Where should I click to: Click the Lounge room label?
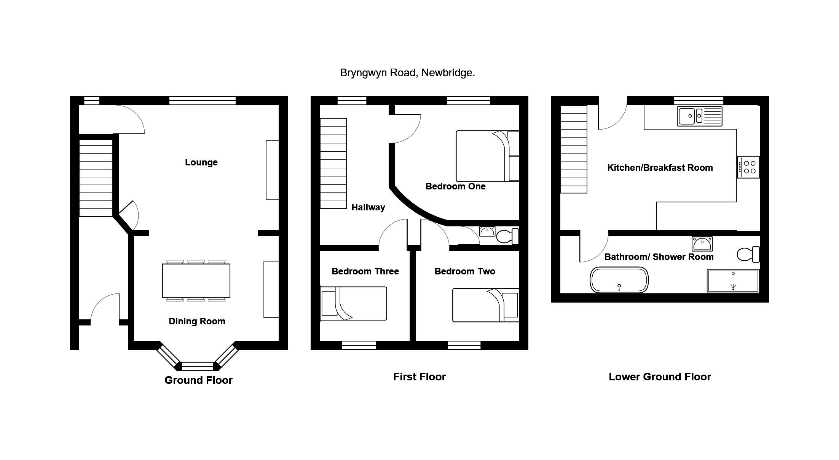[x=201, y=162]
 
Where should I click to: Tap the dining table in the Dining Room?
[x=196, y=280]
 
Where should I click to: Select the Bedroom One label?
[x=455, y=186]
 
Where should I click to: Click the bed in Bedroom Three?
[x=354, y=303]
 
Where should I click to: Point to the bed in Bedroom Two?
[x=486, y=305]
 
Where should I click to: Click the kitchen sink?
[x=700, y=116]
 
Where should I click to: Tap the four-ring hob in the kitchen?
[x=748, y=167]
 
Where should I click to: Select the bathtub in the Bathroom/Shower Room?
[x=619, y=280]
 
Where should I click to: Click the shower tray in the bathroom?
[x=733, y=281]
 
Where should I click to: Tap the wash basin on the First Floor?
[x=487, y=231]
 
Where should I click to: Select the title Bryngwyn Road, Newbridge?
[x=407, y=73]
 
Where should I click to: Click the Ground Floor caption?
[x=198, y=380]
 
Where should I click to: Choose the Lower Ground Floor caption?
[x=660, y=377]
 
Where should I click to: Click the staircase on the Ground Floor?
[x=96, y=178]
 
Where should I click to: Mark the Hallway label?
[x=368, y=207]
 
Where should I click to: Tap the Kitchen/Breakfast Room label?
[x=660, y=168]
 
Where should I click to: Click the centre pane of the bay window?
[x=198, y=366]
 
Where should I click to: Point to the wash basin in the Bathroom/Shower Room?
[x=702, y=243]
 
